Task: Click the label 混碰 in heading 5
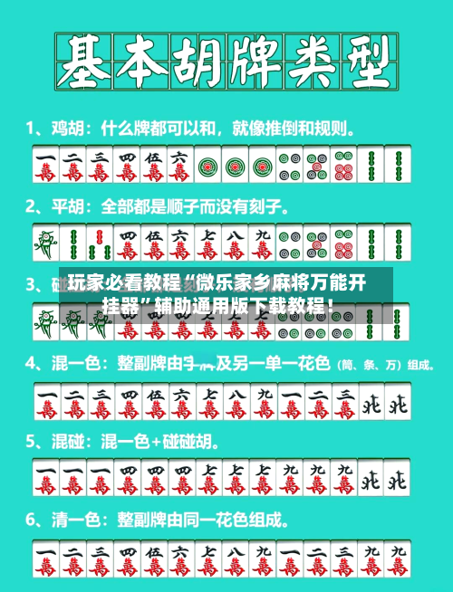tap(63, 444)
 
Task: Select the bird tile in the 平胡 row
tap(45, 243)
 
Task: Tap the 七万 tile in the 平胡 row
tap(208, 243)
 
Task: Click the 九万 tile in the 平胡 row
tap(263, 243)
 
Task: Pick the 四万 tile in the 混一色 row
tap(127, 402)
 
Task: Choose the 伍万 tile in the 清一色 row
tap(154, 561)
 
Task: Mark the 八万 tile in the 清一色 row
tap(236, 561)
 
